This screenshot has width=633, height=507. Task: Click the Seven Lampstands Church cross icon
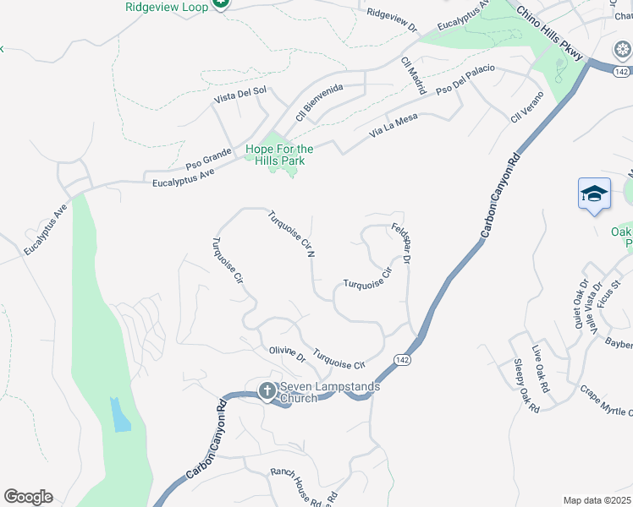pyautogui.click(x=267, y=390)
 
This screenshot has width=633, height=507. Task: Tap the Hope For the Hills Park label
pyautogui.click(x=279, y=155)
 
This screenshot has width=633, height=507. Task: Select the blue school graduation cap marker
pyautogui.click(x=594, y=194)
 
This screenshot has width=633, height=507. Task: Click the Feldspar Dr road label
pyautogui.click(x=401, y=244)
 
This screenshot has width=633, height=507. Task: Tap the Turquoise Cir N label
pyautogui.click(x=293, y=233)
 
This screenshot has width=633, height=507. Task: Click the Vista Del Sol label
pyautogui.click(x=240, y=97)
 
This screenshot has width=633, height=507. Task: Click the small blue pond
pyautogui.click(x=120, y=415)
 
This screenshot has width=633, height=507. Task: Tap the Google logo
pyautogui.click(x=27, y=497)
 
